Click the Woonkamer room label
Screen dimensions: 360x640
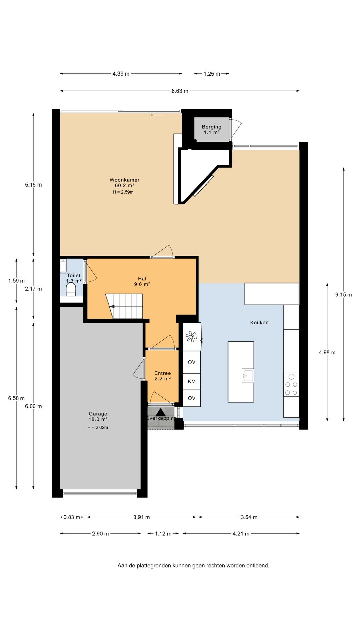click(x=125, y=180)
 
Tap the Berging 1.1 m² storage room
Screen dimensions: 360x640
click(x=212, y=129)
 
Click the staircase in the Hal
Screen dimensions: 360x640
click(x=124, y=306)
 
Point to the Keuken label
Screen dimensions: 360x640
click(x=259, y=323)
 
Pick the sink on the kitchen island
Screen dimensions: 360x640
click(x=248, y=376)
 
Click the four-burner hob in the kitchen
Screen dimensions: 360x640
click(x=291, y=384)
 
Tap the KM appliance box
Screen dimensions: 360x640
click(x=192, y=381)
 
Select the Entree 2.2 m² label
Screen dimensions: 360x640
click(x=163, y=376)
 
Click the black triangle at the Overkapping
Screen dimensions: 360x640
click(x=161, y=413)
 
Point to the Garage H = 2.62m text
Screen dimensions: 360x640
click(x=98, y=427)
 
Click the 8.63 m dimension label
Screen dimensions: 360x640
click(x=180, y=91)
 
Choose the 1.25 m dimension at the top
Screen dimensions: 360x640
click(x=212, y=74)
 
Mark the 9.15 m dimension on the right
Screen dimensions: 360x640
click(x=344, y=295)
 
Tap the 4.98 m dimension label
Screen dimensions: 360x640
click(x=327, y=352)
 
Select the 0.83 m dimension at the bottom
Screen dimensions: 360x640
click(x=72, y=517)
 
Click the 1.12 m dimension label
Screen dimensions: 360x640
click(x=163, y=534)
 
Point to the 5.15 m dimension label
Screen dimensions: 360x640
click(x=33, y=185)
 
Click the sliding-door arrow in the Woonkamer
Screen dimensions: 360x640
click(x=157, y=115)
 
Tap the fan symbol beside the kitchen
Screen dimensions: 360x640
click(x=191, y=337)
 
